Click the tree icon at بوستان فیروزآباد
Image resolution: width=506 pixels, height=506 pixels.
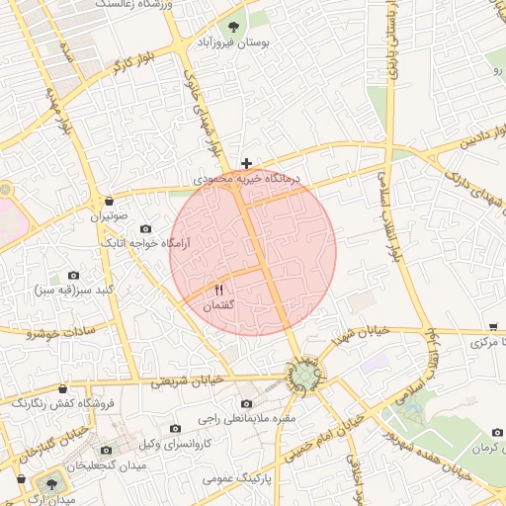click(233, 28)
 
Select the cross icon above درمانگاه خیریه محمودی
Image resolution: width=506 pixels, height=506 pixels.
click(246, 162)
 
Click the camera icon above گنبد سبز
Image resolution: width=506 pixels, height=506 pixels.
click(73, 275)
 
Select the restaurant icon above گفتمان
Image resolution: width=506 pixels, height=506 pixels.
click(218, 290)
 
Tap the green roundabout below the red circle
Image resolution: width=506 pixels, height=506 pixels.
click(304, 376)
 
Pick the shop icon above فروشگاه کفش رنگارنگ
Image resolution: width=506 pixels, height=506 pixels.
click(64, 388)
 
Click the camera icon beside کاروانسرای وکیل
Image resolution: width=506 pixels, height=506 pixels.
click(175, 428)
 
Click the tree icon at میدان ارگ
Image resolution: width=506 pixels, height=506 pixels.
click(48, 483)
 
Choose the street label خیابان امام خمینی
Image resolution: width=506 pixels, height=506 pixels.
click(321, 442)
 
